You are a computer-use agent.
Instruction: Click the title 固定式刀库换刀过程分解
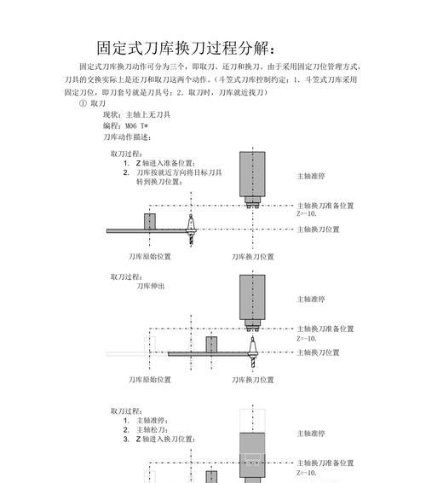pos(186,48)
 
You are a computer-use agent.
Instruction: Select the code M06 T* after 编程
pos(137,126)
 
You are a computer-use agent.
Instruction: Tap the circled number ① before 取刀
pos(83,103)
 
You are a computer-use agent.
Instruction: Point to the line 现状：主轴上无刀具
pos(136,115)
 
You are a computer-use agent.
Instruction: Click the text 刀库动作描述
pos(127,137)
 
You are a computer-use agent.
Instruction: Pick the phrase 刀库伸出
pos(151,286)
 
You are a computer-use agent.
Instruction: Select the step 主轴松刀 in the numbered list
pos(152,430)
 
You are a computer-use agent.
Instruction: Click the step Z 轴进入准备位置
pos(165,163)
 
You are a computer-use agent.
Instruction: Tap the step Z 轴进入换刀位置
pos(165,439)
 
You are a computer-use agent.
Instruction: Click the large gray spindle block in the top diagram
pos(252,174)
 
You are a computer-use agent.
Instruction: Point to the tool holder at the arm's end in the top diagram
pos(191,230)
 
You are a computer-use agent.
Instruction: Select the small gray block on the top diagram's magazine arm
pos(150,221)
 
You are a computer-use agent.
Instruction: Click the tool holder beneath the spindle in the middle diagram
pos(252,352)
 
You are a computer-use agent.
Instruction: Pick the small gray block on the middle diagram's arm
pos(211,345)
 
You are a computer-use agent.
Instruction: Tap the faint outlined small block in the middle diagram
pos(150,345)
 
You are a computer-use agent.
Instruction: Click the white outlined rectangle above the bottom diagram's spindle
pos(252,421)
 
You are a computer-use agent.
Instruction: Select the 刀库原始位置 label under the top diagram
pos(150,257)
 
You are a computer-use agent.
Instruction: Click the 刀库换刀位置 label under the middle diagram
pos(253,380)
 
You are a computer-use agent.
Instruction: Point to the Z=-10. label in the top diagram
pos(307,213)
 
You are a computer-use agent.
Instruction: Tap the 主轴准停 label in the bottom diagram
pos(311,434)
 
